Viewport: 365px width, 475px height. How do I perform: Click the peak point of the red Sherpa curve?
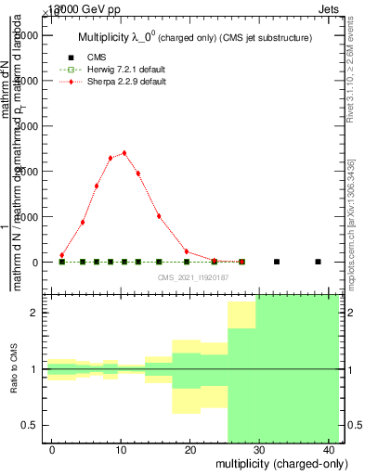(x=124, y=153)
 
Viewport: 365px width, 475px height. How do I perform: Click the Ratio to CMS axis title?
(x=14, y=369)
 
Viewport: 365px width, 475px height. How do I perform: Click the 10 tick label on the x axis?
(x=122, y=449)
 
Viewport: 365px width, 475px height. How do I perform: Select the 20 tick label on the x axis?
(x=190, y=449)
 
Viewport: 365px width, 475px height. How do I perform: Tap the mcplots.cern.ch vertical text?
(x=353, y=212)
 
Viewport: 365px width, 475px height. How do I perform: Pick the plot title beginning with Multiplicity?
(x=193, y=37)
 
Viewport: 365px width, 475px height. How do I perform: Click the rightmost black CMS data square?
(x=318, y=262)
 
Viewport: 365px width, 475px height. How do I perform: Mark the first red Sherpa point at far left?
(x=62, y=255)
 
